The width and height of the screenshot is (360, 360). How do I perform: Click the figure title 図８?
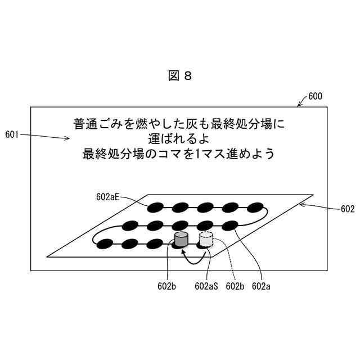click(180, 76)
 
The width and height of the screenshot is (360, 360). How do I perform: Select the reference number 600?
click(315, 96)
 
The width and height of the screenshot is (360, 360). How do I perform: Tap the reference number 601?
click(12, 134)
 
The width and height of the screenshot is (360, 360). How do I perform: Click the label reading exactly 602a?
click(261, 286)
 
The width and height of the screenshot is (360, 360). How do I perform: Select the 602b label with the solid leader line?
click(167, 286)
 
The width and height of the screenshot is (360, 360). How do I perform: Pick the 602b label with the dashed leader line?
click(235, 286)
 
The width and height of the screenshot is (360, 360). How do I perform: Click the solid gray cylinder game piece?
click(181, 240)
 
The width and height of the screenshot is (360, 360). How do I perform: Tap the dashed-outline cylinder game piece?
click(206, 240)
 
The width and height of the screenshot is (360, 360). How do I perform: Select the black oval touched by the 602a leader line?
click(231, 226)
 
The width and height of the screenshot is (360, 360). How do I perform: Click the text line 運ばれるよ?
click(180, 138)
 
